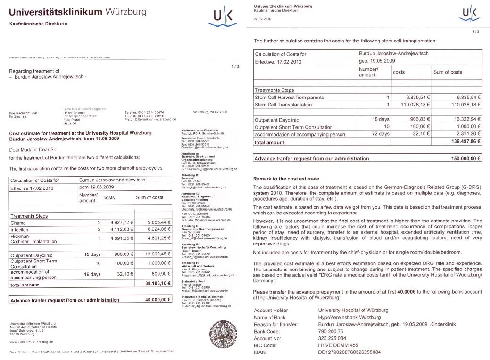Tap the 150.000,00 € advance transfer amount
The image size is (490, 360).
pos(466,159)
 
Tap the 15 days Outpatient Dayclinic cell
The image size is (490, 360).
pos(88,254)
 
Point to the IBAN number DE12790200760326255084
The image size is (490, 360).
pos(349,352)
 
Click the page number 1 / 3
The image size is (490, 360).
pos(235,66)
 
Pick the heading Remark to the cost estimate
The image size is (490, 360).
pos(286,179)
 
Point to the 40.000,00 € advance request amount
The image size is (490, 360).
pos(158,299)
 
